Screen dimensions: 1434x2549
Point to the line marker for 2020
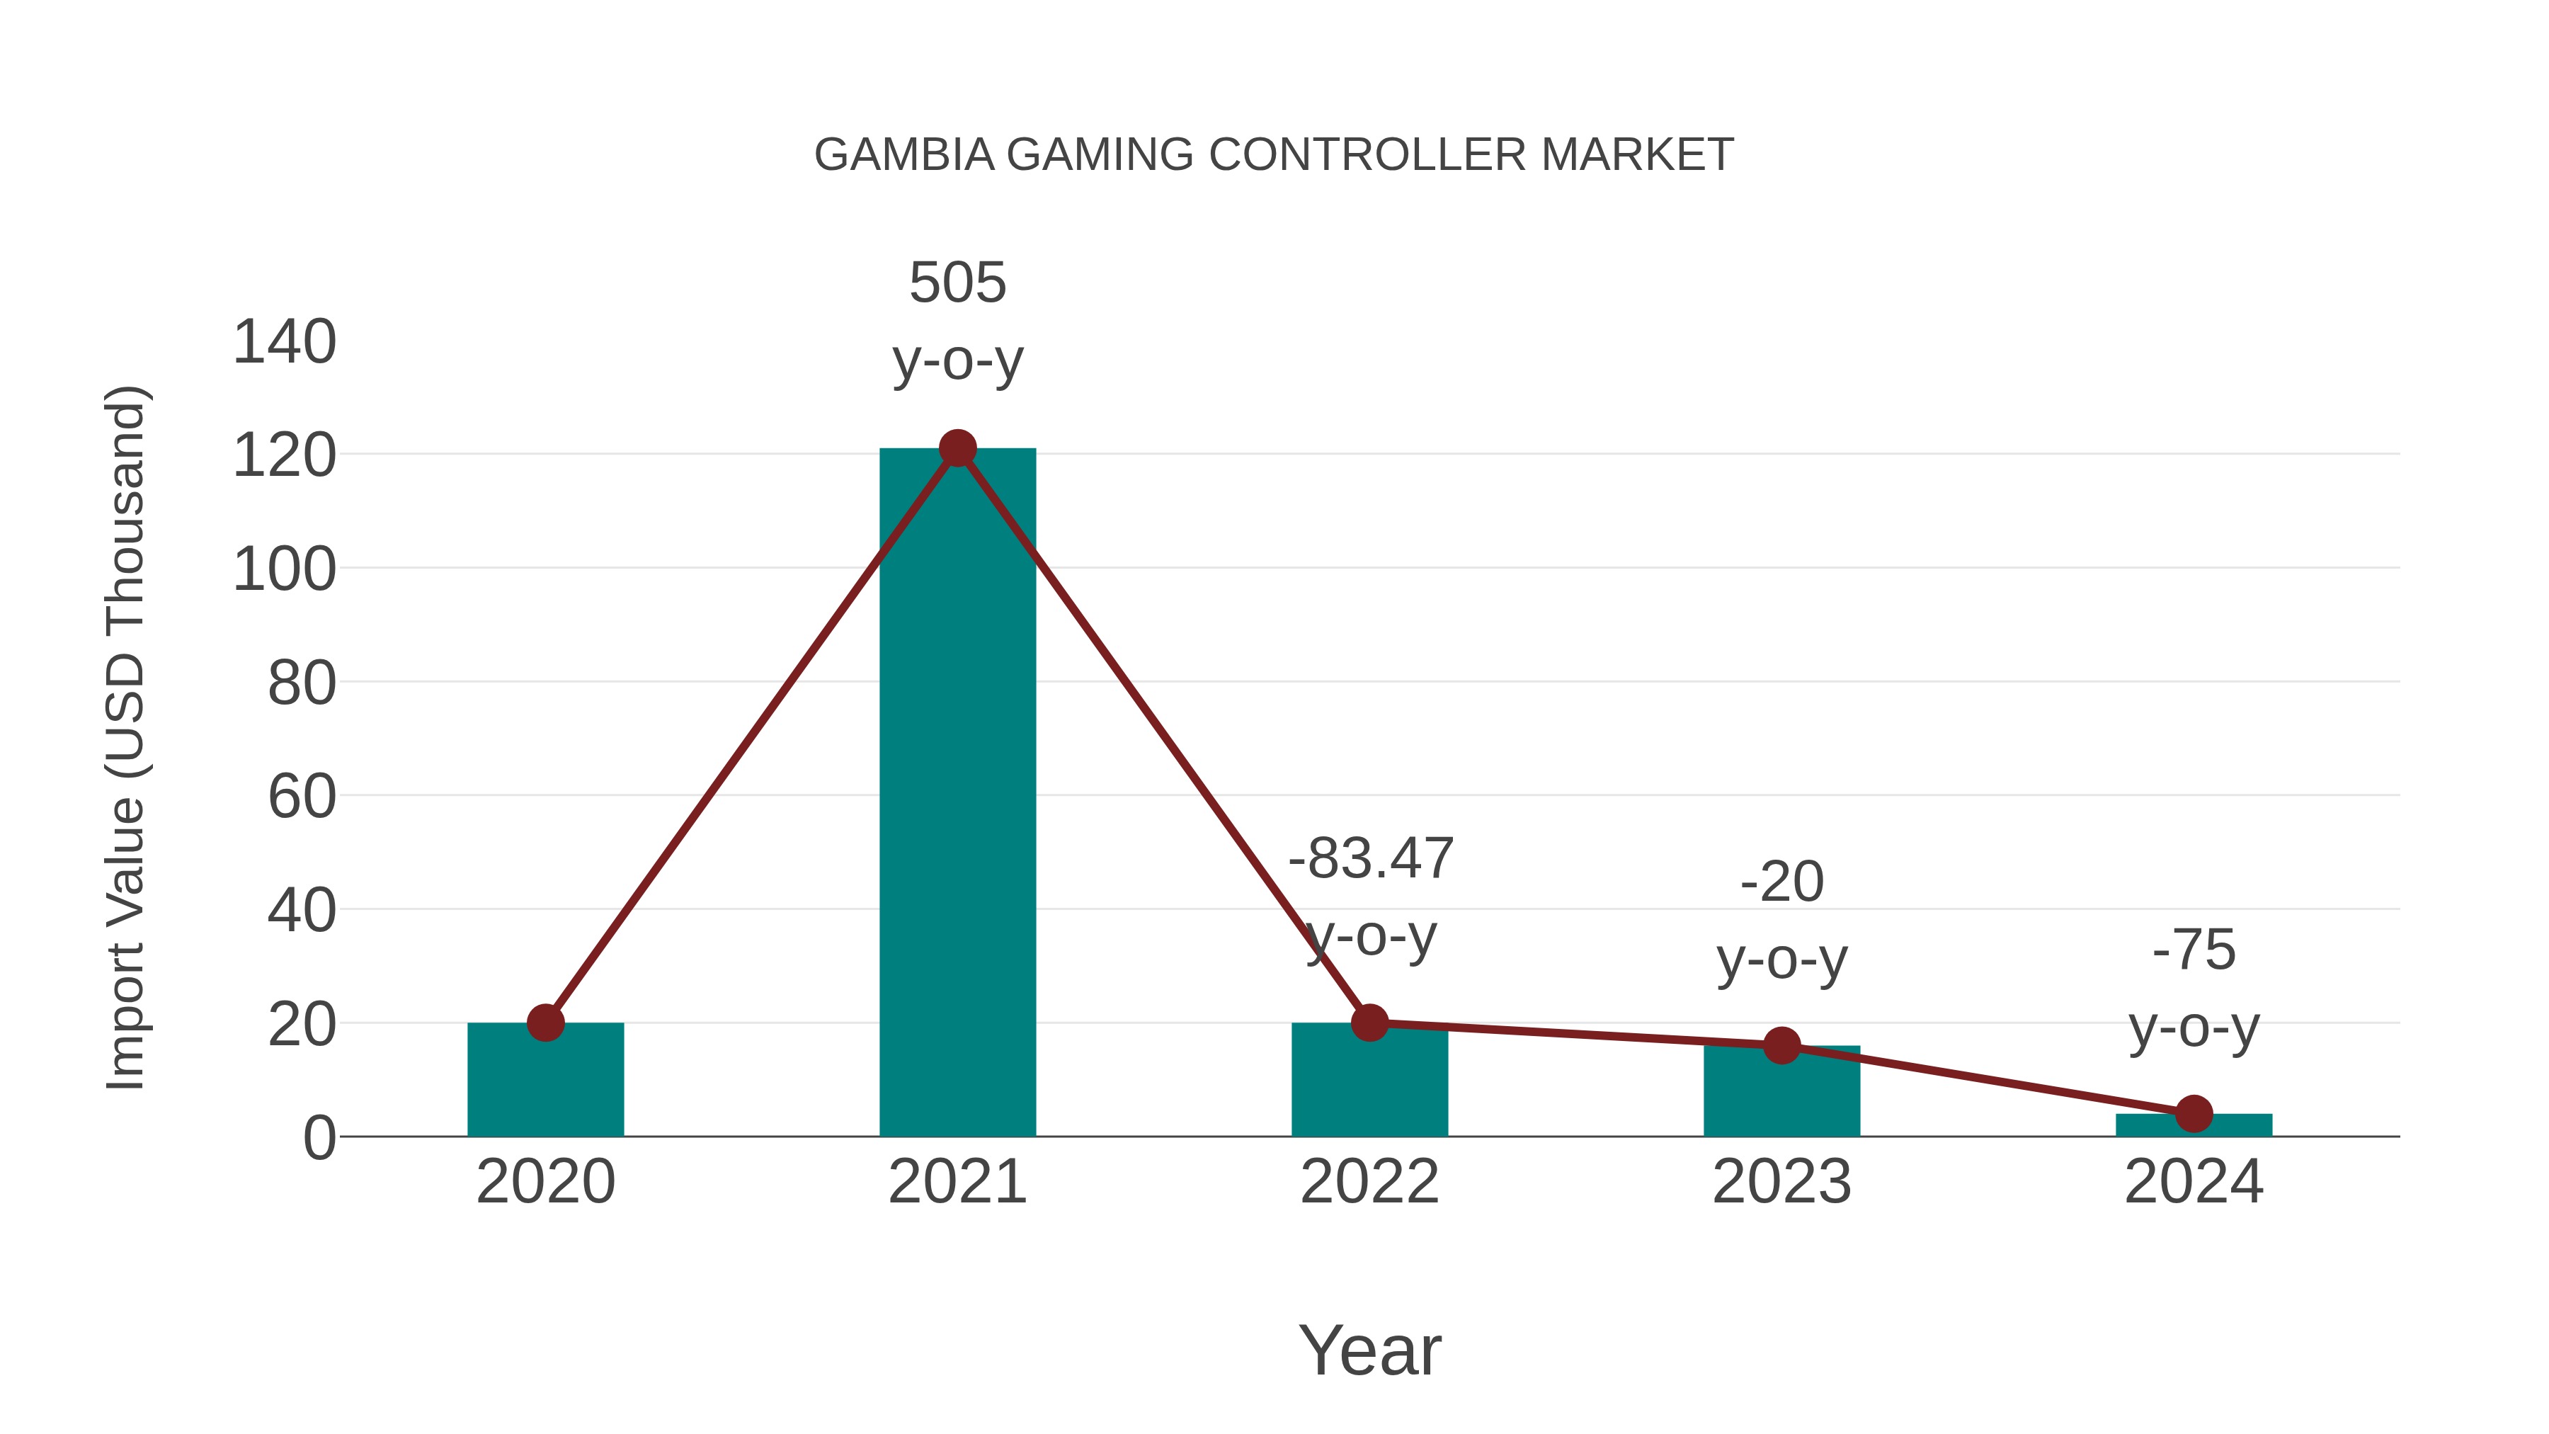coord(545,1023)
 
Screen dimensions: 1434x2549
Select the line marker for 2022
coord(1369,1023)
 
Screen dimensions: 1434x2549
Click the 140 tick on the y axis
coord(284,343)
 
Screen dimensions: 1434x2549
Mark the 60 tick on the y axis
coord(302,797)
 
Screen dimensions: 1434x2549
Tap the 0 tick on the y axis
coord(319,1137)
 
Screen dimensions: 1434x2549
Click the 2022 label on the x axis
coord(1369,1182)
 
